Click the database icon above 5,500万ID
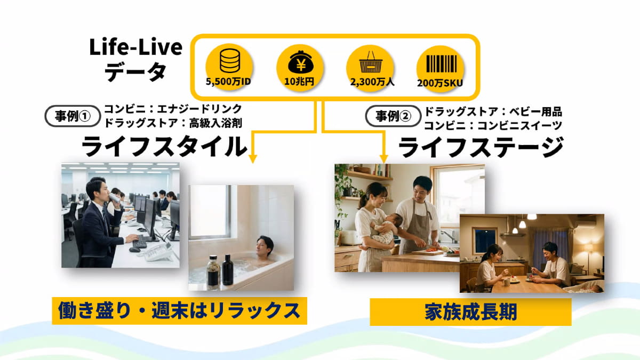coord(230,61)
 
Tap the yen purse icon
coord(301,62)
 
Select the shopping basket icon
coord(371,62)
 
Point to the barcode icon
coord(442,63)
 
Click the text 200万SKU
coord(439,83)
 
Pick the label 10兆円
coord(299,82)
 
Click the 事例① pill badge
coord(73,116)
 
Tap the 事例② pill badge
coord(393,116)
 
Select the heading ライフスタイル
coord(164,146)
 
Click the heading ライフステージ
coord(481,147)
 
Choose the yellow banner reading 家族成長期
coord(470,312)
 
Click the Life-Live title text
coord(135,47)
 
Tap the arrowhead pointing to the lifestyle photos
coord(253,158)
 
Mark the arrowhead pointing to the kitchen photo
coord(383,159)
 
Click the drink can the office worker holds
coord(115,198)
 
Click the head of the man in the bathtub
coord(265,245)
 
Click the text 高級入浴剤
coord(215,123)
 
